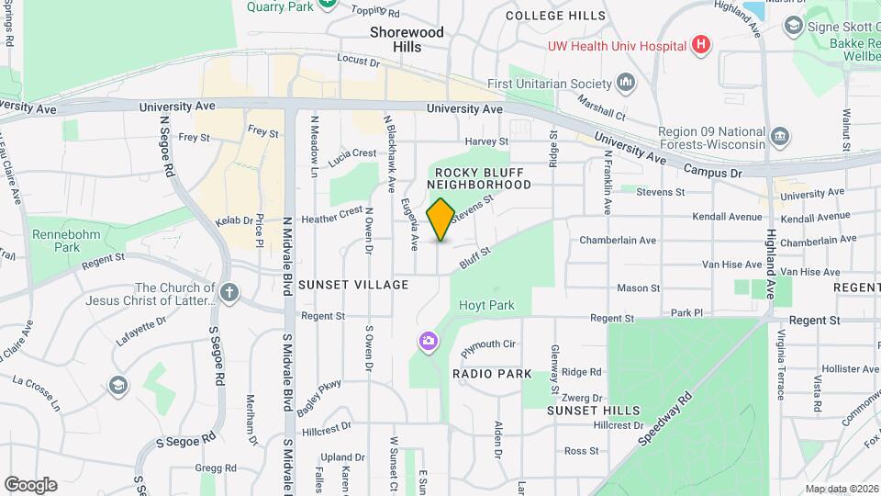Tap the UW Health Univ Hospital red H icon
[701, 45]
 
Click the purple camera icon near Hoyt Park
[428, 343]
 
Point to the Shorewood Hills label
[407, 39]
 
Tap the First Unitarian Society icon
[627, 84]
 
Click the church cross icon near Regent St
[229, 294]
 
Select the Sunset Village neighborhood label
[353, 285]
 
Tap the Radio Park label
[492, 374]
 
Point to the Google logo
[30, 484]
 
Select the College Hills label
[556, 16]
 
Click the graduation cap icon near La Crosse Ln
[117, 384]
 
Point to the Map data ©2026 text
[840, 489]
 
